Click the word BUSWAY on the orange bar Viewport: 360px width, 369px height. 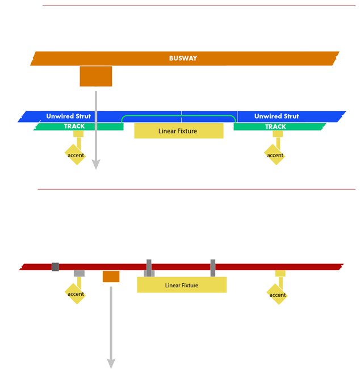point(183,58)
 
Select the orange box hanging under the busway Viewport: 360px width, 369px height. point(96,76)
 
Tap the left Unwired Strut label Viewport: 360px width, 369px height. point(68,116)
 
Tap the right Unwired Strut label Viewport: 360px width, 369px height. point(277,116)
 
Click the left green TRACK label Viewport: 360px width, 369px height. point(74,127)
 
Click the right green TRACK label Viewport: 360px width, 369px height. point(275,127)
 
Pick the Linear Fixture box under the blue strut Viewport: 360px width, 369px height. point(179,131)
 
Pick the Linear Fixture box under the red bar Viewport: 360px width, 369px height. point(182,285)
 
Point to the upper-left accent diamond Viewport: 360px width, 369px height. point(75,154)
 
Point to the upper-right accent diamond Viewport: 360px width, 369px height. point(274,154)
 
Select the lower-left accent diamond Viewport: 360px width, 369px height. point(75,293)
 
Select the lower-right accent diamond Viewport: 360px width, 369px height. point(277,294)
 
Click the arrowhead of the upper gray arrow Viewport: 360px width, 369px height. point(96,164)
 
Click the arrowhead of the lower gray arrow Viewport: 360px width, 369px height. point(111,363)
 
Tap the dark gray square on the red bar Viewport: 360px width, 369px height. point(55,267)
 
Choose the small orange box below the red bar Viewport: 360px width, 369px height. point(111,276)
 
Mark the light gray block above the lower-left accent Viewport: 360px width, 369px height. point(79,273)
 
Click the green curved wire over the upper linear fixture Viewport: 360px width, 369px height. point(178,116)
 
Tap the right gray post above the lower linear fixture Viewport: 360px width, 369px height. point(213,268)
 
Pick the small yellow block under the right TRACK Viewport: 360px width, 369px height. point(278,134)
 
